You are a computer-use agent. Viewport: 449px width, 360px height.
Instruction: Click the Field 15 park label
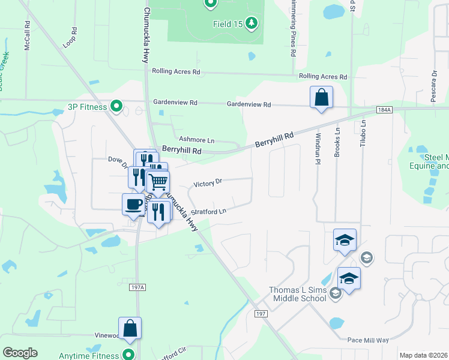click(228, 24)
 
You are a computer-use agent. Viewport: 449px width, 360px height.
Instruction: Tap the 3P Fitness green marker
click(118, 107)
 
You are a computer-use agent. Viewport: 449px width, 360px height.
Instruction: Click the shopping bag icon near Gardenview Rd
click(321, 97)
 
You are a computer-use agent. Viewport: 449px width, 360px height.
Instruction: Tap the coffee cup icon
click(134, 204)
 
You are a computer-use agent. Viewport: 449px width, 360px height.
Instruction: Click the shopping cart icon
click(158, 181)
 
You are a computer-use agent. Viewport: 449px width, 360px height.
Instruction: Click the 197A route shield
click(137, 287)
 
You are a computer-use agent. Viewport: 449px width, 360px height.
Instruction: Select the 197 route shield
click(260, 314)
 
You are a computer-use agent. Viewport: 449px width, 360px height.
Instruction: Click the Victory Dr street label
click(208, 182)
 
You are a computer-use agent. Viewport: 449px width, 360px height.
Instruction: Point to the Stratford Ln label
click(209, 212)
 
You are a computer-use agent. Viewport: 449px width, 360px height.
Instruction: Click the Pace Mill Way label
click(368, 340)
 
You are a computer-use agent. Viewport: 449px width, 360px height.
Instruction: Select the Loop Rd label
click(70, 38)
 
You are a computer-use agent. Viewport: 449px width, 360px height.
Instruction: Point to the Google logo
click(20, 353)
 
